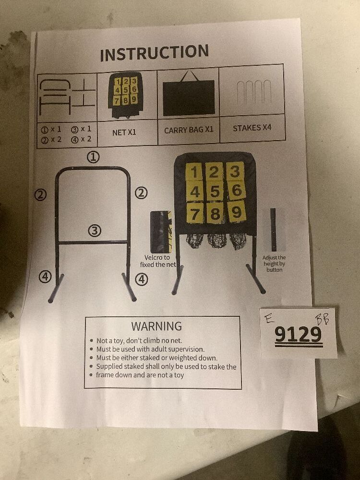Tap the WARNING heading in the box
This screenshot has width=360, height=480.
[156, 326]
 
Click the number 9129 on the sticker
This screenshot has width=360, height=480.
[298, 335]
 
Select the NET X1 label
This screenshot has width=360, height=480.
[124, 132]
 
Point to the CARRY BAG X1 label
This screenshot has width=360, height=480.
[189, 130]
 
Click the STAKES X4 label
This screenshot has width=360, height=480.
[252, 128]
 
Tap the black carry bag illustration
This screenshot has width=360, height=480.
[189, 97]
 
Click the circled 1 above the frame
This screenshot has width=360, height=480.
[93, 156]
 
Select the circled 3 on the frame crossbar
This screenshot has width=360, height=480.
[95, 231]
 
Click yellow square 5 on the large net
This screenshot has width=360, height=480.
[215, 192]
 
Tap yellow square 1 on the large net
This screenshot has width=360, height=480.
[194, 172]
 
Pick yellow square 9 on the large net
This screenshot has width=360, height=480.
[236, 212]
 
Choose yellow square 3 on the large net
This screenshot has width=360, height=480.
[234, 171]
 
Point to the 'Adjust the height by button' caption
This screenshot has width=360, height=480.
[275, 264]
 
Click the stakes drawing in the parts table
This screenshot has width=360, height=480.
[254, 93]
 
